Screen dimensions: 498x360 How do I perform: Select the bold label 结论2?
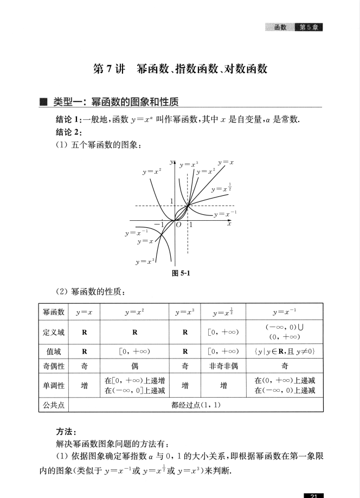tap(68, 132)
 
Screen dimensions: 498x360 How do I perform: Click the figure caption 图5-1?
tap(180, 273)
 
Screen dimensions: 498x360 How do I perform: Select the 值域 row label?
tap(54, 352)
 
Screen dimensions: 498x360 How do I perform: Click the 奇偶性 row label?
tap(54, 366)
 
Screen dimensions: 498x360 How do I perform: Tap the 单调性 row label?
tap(54, 386)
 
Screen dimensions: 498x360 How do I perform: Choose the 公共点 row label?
tap(54, 405)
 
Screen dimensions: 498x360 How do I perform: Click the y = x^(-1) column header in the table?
tap(285, 313)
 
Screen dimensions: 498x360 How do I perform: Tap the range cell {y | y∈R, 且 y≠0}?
tap(285, 352)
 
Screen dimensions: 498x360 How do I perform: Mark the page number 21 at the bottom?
tap(314, 495)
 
